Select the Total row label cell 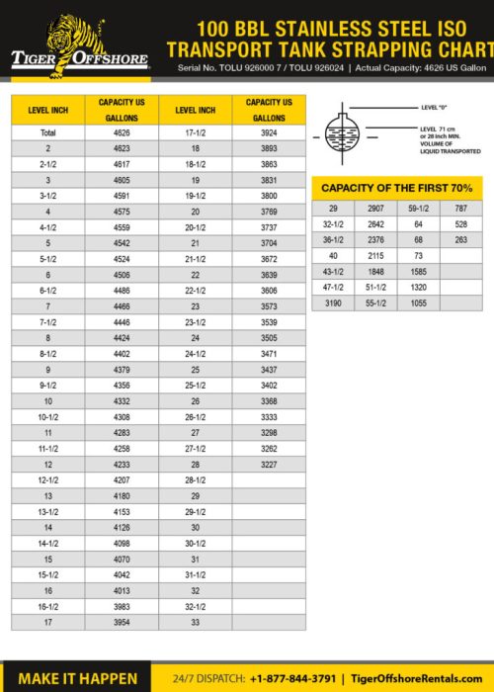point(47,131)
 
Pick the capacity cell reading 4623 point(122,147)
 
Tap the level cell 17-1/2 point(196,131)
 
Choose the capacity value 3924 point(269,131)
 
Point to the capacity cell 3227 point(269,465)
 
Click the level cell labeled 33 point(196,623)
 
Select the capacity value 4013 point(122,591)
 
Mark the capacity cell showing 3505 point(269,337)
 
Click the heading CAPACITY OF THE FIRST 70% point(397,188)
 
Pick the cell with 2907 point(375,209)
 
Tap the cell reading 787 point(460,209)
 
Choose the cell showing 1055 point(418,303)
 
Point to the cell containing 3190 point(333,303)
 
